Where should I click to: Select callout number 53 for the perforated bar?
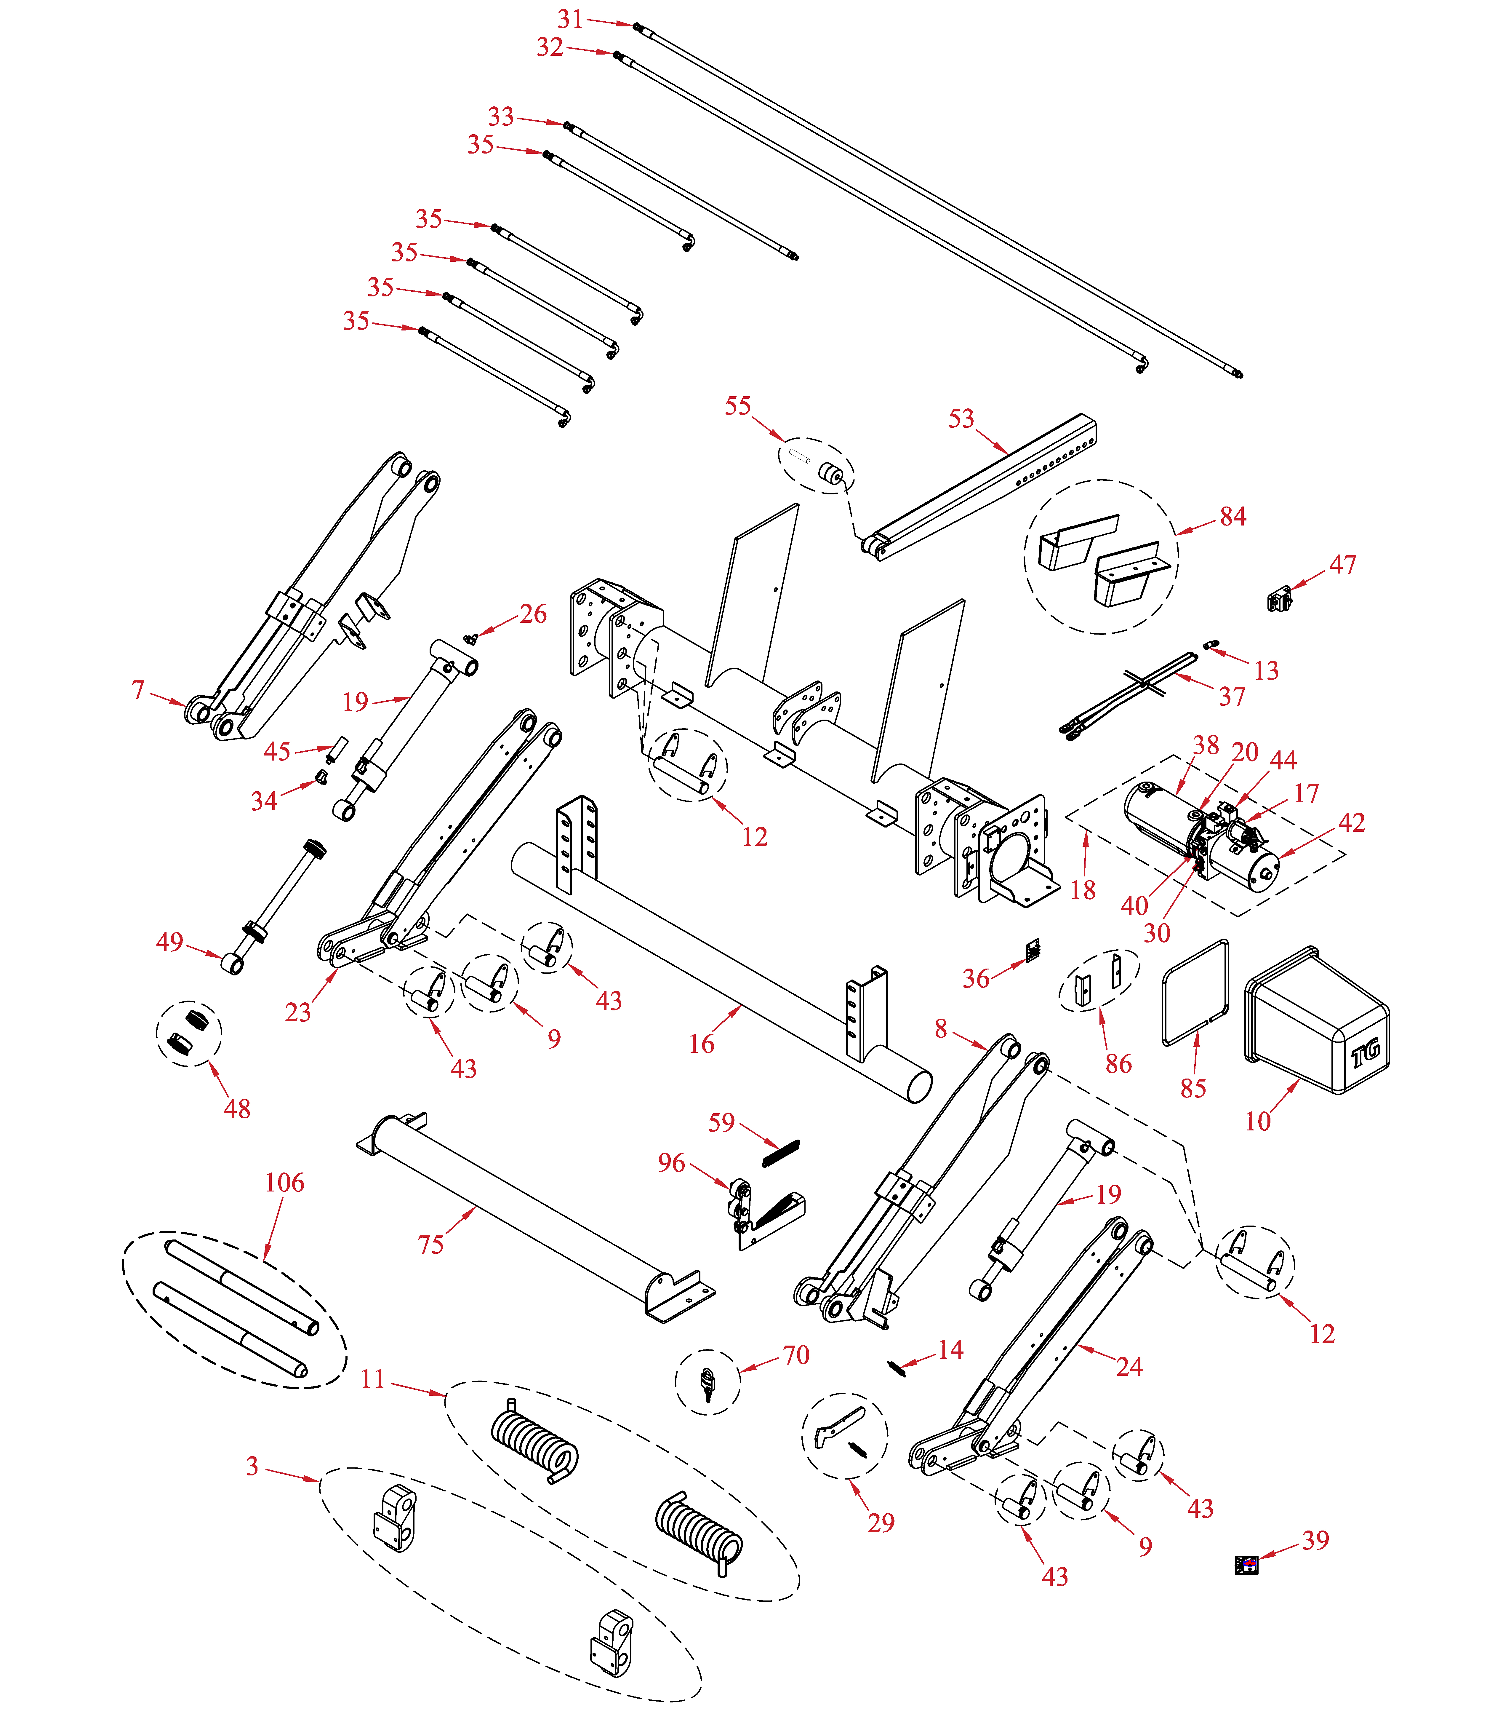961,419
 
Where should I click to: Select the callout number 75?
430,1244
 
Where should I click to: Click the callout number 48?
237,1109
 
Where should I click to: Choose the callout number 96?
671,1163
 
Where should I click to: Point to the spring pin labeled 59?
781,1152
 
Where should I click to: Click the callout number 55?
738,406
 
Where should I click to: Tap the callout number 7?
138,689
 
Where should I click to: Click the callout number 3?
252,1466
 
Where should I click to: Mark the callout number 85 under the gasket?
1193,1088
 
